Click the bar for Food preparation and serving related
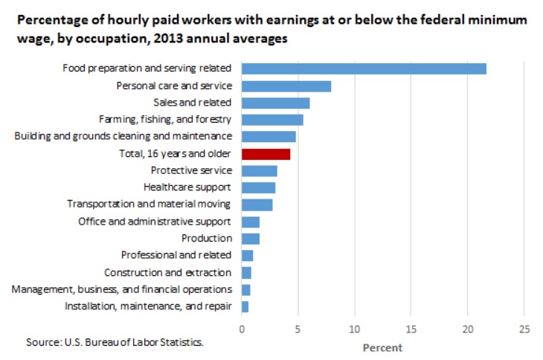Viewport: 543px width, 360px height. click(x=364, y=68)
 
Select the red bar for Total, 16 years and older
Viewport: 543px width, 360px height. click(x=266, y=154)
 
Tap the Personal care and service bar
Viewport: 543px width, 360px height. click(x=286, y=86)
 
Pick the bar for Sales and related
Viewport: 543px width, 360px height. click(x=276, y=103)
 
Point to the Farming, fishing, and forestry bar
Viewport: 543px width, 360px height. click(x=272, y=120)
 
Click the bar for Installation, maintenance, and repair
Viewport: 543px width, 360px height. click(x=245, y=306)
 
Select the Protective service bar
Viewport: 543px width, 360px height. click(x=260, y=171)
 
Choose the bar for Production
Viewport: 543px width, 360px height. click(x=251, y=239)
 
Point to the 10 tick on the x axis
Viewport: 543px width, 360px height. click(x=355, y=330)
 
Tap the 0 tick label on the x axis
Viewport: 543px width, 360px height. click(x=242, y=330)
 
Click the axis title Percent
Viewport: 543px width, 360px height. click(x=382, y=347)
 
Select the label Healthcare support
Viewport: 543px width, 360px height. click(x=187, y=187)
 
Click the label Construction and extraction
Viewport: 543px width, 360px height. click(x=167, y=272)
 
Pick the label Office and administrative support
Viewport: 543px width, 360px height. click(x=155, y=222)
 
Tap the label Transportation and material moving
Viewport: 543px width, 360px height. click(x=149, y=205)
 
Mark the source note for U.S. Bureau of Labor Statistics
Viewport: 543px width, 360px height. click(x=115, y=343)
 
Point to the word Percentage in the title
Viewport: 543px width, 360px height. click(x=49, y=20)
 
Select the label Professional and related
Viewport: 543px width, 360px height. click(x=176, y=255)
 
